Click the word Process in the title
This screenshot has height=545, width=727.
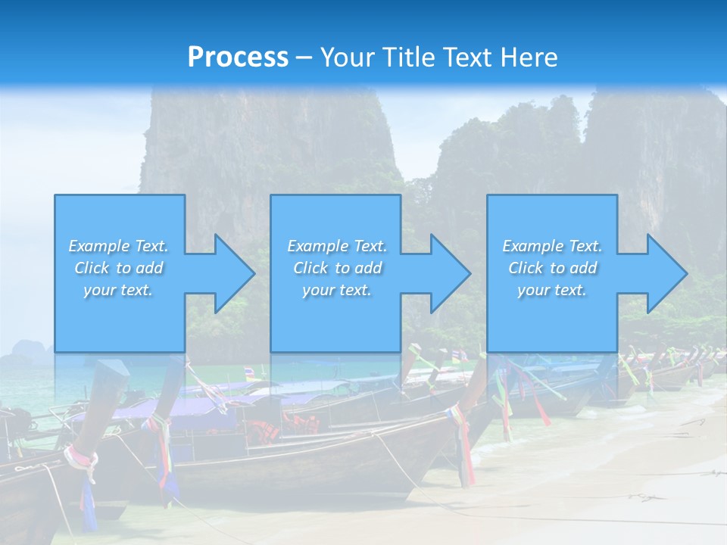238,57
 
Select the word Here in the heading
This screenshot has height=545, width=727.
528,57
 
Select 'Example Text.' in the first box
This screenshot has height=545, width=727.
118,246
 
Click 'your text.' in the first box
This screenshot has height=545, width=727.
118,290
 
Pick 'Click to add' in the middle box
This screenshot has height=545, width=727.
337,268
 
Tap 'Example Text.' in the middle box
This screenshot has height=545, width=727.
337,246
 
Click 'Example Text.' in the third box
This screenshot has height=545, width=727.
552,246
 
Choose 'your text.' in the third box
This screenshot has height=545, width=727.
552,290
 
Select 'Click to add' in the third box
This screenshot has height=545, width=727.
552,268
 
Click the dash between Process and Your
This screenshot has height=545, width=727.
304,58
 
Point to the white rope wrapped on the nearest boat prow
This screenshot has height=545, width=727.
82,461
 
